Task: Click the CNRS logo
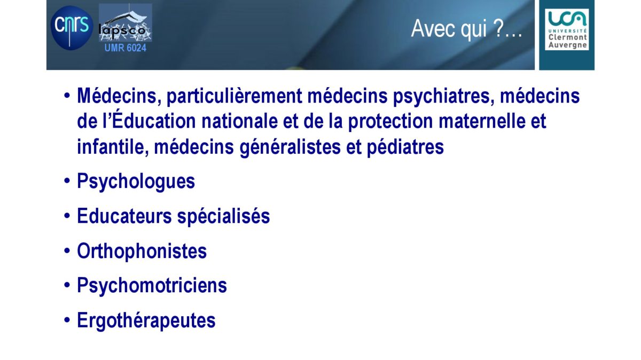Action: (72, 28)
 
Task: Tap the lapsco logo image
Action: (126, 22)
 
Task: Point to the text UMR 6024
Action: (126, 48)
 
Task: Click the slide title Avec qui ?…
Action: (466, 29)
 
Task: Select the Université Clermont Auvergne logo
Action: (567, 29)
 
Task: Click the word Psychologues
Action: (136, 182)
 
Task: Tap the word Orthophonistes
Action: (142, 251)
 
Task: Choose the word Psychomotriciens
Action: (152, 285)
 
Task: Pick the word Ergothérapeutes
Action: (146, 320)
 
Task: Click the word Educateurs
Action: (124, 216)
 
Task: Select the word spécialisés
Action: (223, 217)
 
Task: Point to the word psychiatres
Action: (444, 96)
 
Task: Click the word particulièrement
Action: (234, 96)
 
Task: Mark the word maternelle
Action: (482, 121)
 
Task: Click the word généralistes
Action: (290, 147)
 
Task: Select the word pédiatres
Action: (405, 147)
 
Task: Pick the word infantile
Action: (113, 147)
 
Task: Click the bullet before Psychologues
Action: (67, 181)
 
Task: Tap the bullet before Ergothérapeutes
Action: (67, 320)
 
